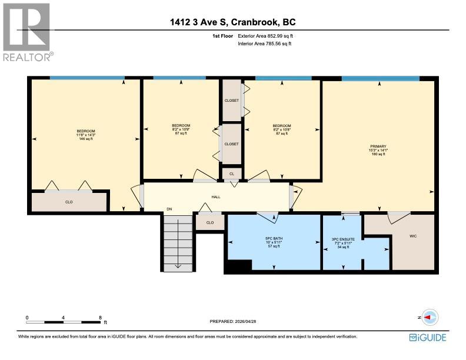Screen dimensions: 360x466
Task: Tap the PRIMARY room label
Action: coord(378,146)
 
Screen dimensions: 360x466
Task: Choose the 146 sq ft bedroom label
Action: coord(85,135)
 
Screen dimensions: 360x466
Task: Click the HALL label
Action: coord(216,198)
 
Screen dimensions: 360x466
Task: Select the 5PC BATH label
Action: coord(274,238)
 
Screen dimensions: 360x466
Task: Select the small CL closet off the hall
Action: coord(231,174)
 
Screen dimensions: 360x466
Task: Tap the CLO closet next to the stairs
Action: coord(210,223)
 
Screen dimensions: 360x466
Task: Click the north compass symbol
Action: coord(428,317)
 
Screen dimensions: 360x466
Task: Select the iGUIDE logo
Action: coord(428,337)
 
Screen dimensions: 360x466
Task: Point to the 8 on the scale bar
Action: coord(100,317)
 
